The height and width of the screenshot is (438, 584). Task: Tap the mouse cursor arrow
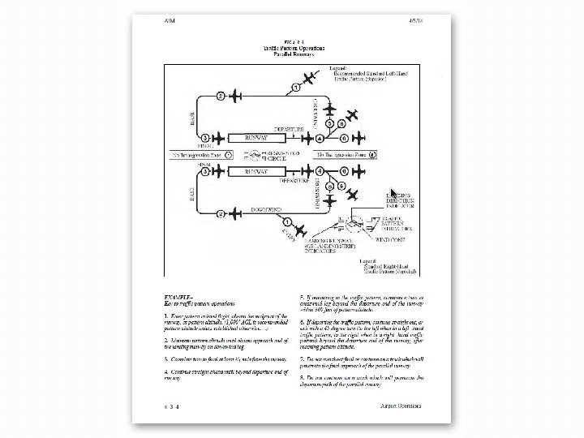click(x=393, y=191)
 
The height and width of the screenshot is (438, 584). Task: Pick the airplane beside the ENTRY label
click(x=304, y=228)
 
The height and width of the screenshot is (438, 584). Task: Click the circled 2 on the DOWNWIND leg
click(x=221, y=214)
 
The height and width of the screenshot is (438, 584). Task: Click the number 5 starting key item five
click(x=302, y=296)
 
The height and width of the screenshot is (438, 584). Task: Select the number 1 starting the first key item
click(x=165, y=314)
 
